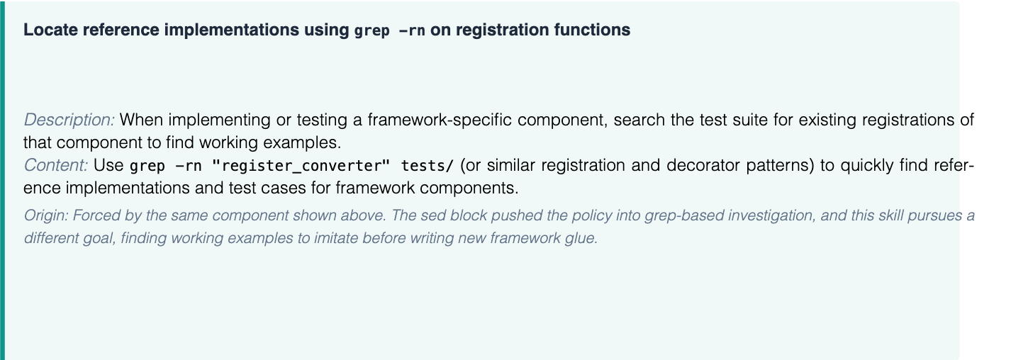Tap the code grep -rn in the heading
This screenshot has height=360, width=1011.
point(389,30)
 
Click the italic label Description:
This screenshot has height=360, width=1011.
point(69,120)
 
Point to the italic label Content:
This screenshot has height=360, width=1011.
point(55,165)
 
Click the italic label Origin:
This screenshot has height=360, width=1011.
point(45,215)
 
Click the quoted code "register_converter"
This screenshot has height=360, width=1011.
point(300,166)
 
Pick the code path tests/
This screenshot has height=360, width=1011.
point(427,166)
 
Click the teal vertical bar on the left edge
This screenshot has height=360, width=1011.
point(2,181)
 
